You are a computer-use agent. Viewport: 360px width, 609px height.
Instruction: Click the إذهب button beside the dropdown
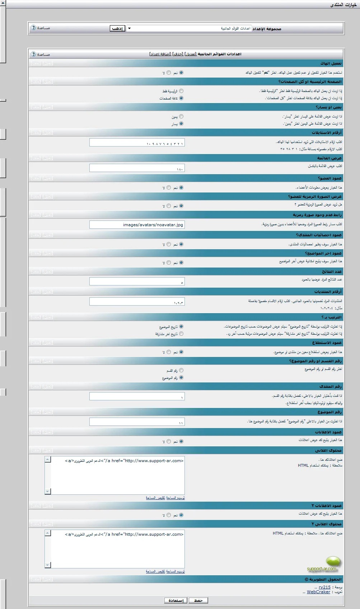[117, 28]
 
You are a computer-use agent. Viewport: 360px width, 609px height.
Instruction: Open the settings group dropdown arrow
[129, 28]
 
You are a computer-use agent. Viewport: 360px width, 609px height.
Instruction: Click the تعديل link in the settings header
[190, 54]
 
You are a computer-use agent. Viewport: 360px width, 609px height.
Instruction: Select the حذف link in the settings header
[178, 54]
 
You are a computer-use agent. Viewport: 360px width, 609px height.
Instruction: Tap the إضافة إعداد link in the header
[160, 54]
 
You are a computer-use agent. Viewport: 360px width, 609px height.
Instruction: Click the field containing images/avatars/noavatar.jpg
[137, 225]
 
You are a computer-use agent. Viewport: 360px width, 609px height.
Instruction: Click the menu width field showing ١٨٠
[137, 168]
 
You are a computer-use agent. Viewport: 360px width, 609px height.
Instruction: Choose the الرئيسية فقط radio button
[181, 91]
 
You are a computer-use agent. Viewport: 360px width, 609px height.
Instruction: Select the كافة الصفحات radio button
[181, 98]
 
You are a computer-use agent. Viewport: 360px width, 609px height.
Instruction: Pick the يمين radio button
[181, 117]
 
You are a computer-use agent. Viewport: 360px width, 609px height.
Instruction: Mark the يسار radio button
[181, 124]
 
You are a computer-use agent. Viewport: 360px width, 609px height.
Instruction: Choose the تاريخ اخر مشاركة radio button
[181, 334]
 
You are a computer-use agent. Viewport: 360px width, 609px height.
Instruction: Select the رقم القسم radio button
[181, 370]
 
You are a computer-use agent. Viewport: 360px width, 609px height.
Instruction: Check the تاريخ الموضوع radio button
[181, 326]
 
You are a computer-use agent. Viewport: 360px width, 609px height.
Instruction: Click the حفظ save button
[198, 600]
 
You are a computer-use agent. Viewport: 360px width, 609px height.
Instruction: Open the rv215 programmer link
[324, 587]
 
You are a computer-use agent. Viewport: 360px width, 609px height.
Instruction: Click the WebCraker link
[318, 592]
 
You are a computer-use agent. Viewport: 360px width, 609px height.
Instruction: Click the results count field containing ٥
[137, 282]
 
